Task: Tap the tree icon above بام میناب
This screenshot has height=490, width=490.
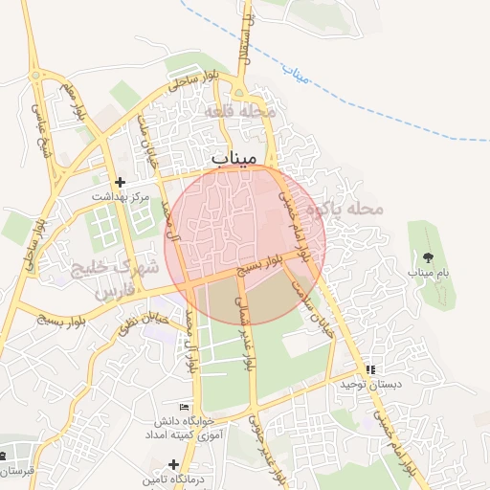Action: click(x=427, y=257)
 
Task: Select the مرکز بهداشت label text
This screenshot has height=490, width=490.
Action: click(x=122, y=196)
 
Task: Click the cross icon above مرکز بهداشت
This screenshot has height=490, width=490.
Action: click(x=120, y=182)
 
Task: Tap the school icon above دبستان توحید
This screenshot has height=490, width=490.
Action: click(x=369, y=368)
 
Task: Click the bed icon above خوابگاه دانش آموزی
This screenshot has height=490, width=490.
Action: click(x=184, y=408)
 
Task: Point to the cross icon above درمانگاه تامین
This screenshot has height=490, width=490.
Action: click(x=172, y=464)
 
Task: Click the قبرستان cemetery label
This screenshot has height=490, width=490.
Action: click(x=17, y=471)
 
